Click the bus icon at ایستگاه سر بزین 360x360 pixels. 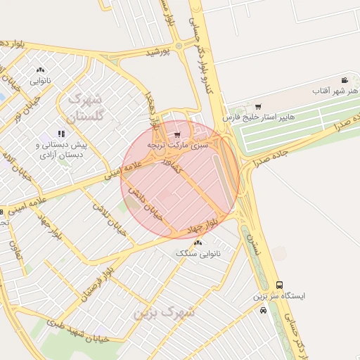pos(280,285)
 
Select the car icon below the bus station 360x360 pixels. pos(262,309)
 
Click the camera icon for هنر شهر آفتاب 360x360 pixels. pos(344,80)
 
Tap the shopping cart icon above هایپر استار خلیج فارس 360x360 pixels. pos(258,106)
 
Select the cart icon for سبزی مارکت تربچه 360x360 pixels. pos(177,133)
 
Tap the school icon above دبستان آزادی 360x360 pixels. pos(62,132)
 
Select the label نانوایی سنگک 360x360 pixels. pos(197,253)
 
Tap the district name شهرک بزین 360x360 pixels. pos(167,310)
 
